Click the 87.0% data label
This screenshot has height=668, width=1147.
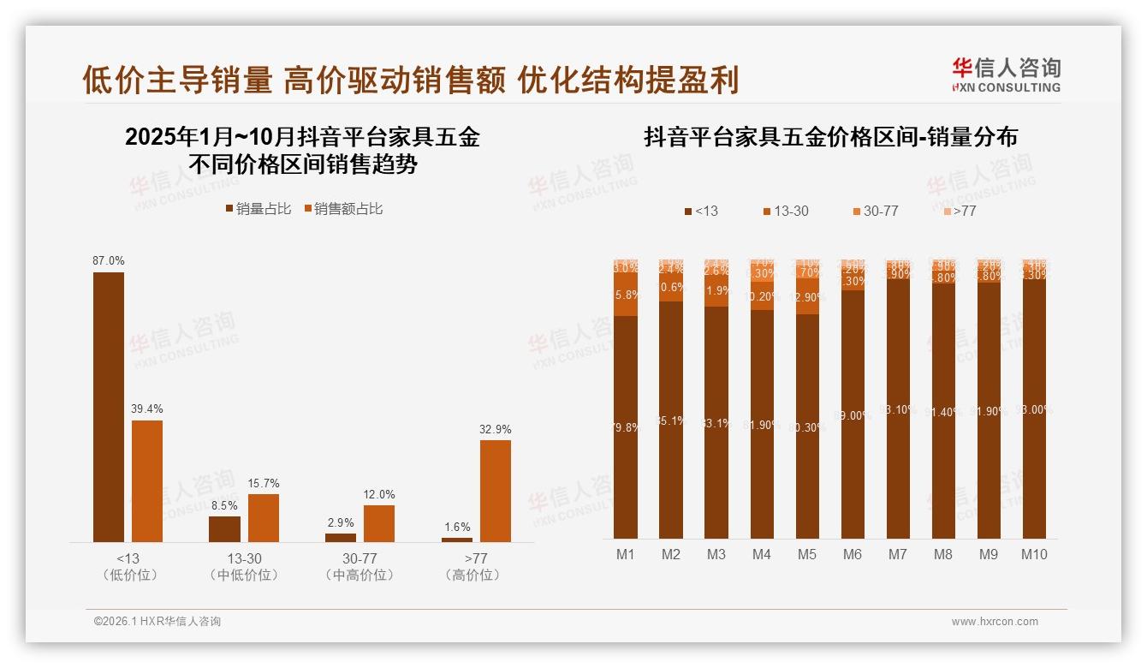click(x=109, y=260)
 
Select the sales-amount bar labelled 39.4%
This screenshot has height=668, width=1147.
click(x=147, y=480)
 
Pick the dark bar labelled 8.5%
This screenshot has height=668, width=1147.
click(x=224, y=528)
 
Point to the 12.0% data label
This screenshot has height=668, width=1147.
click(x=379, y=494)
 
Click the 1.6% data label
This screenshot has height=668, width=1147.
click(x=457, y=527)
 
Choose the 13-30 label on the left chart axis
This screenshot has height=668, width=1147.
click(x=244, y=558)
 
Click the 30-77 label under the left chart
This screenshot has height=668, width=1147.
click(x=360, y=558)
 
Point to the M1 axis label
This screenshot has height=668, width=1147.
click(x=626, y=554)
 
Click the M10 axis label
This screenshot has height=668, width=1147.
click(x=1034, y=554)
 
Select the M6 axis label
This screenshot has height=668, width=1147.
click(x=853, y=554)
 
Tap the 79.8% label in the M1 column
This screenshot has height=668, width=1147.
click(x=626, y=428)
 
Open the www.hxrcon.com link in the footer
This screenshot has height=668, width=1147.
click(x=995, y=622)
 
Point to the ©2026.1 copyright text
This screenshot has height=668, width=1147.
click(x=157, y=622)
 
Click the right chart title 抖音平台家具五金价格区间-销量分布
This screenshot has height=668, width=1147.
click(x=830, y=137)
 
